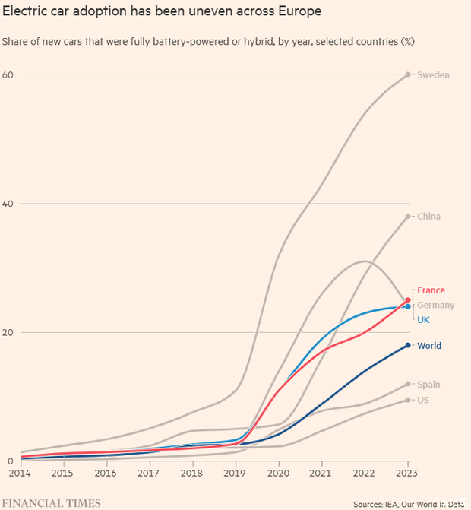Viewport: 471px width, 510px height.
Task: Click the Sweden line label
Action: [x=433, y=74]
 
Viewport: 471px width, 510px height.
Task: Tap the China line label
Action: [x=428, y=217]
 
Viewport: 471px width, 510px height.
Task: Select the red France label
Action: [x=431, y=290]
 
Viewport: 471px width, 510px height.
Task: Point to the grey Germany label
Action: [x=435, y=306]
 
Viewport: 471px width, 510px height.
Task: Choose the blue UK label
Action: [x=423, y=320]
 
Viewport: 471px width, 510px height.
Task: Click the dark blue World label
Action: [x=428, y=346]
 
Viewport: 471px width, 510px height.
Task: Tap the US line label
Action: [x=423, y=400]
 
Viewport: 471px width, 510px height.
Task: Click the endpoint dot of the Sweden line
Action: [x=408, y=74]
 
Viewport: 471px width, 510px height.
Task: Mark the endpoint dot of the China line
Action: [x=408, y=217]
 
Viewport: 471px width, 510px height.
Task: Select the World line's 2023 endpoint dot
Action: [x=408, y=345]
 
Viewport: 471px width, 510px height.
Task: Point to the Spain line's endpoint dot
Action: [x=408, y=384]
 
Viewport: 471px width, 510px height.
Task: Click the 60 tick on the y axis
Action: [x=8, y=74]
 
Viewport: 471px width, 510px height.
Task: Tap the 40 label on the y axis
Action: [x=8, y=204]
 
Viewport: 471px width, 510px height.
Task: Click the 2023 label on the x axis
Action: [x=408, y=474]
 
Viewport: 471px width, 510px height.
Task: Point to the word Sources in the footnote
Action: [x=369, y=503]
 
